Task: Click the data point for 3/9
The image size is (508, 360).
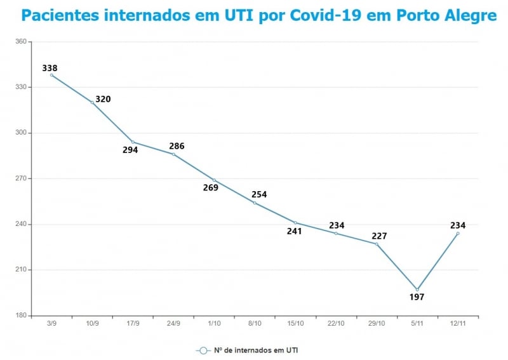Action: [x=51, y=75]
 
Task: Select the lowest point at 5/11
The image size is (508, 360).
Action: [x=417, y=290]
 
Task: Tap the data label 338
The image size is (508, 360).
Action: [x=50, y=68]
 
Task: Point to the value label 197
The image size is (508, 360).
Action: [x=417, y=297]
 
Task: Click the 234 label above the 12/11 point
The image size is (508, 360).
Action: [x=458, y=225]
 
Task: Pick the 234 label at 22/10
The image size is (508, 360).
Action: [x=337, y=225]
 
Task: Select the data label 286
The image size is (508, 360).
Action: [x=177, y=146]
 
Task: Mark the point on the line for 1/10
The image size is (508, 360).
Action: [x=214, y=180]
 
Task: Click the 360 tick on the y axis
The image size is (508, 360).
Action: [x=20, y=42]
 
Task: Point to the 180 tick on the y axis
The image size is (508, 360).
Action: [x=20, y=316]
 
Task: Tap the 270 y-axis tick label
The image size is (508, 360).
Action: [x=20, y=178]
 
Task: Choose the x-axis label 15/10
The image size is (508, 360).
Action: [x=295, y=323]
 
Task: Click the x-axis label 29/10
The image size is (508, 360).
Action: [x=377, y=323]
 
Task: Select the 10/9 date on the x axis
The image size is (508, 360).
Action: [x=92, y=323]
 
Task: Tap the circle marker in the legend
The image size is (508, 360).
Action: [x=203, y=350]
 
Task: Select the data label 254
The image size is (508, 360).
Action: [x=259, y=195]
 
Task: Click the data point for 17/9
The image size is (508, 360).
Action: [x=133, y=142]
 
